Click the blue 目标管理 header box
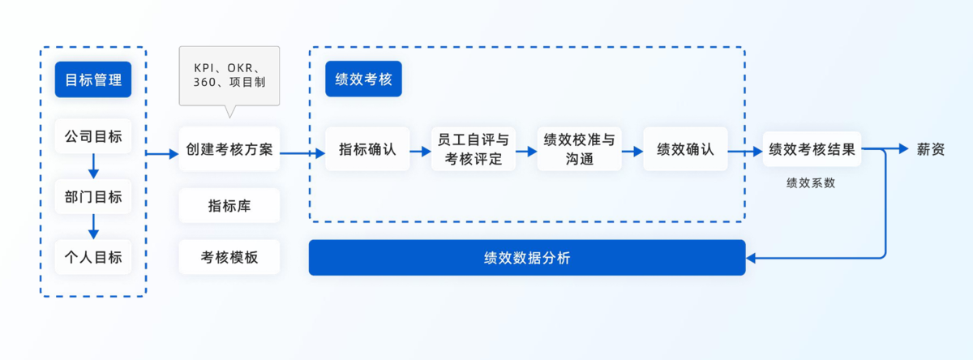[x=93, y=80]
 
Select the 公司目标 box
[x=93, y=137]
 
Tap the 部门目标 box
[x=93, y=197]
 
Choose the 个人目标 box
[x=93, y=257]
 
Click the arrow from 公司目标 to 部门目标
[x=93, y=167]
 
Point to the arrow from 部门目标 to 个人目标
[x=93, y=227]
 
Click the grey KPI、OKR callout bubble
[x=229, y=75]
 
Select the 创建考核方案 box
[x=229, y=149]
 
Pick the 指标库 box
[x=229, y=206]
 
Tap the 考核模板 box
[x=229, y=257]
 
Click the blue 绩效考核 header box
[x=363, y=79]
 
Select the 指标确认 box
[x=367, y=149]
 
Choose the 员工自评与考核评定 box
[x=474, y=149]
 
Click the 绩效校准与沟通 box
[x=579, y=149]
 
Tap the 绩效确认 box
[x=685, y=149]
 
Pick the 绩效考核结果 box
[x=812, y=149]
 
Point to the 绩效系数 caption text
[x=811, y=183]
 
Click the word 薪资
[x=931, y=149]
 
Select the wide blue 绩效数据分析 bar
[x=527, y=258]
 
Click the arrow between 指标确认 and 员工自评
[x=420, y=151]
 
